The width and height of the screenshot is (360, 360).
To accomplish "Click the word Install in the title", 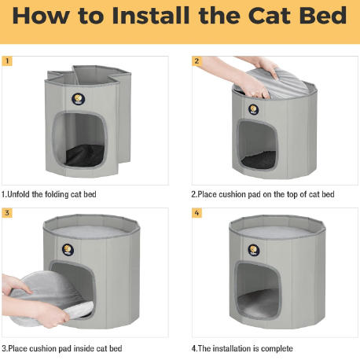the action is point(151,16).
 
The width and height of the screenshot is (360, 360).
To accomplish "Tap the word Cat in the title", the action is point(269,16).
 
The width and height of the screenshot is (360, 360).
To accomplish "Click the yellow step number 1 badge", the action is point(7,61).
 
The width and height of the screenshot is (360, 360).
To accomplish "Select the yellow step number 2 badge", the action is point(197,61).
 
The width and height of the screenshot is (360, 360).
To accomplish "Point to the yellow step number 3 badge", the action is point(7,213).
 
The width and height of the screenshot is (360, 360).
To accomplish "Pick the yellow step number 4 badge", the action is point(197,213).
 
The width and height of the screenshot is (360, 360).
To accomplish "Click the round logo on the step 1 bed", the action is point(79,99).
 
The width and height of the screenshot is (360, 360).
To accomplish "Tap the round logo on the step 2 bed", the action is point(253,109).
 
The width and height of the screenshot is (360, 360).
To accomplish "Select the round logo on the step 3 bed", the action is point(68,250).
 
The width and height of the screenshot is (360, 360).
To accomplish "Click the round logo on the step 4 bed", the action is point(254,250).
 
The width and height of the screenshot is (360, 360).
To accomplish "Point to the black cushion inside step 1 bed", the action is point(84,155).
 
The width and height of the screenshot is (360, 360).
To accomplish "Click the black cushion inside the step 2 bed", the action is point(259,160).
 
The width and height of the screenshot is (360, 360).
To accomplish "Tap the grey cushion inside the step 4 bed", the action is point(258,304).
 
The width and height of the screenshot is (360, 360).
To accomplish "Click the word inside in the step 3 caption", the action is point(84,349).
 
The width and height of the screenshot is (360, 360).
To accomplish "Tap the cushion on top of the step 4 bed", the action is point(277,232).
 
